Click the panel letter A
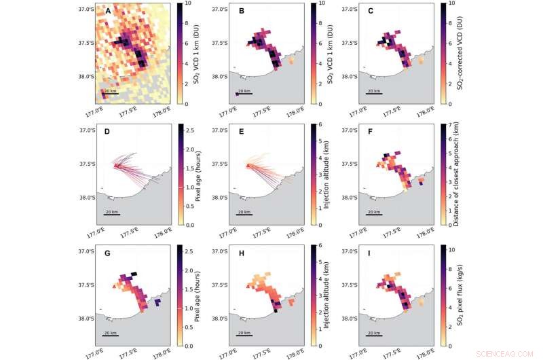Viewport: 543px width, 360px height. [x=106, y=10]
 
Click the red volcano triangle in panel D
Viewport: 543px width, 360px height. [x=116, y=165]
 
